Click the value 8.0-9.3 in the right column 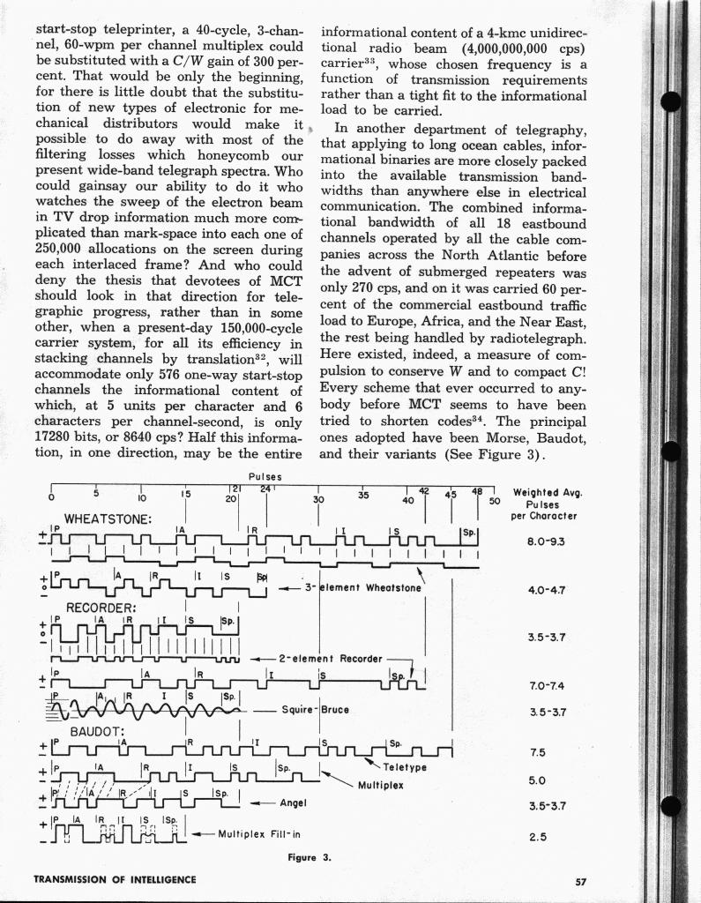coord(546,541)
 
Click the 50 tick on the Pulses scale coord(495,500)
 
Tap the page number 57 coord(580,879)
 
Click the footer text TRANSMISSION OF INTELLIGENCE coord(115,879)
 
